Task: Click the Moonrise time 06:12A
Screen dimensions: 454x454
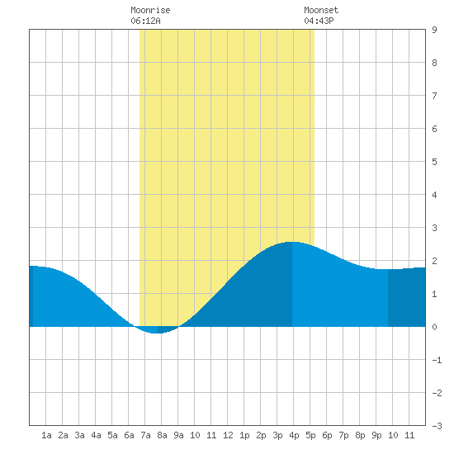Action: click(x=145, y=21)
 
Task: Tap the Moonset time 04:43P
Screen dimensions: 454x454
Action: click(x=319, y=21)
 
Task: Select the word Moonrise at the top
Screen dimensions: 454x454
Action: click(x=150, y=10)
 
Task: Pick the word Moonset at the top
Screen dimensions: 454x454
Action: click(x=321, y=10)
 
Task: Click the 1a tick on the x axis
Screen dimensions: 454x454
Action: click(x=46, y=435)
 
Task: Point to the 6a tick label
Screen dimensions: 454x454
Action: click(x=129, y=435)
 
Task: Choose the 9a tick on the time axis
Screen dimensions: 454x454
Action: click(x=178, y=435)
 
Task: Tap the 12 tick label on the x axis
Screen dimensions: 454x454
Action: click(x=228, y=435)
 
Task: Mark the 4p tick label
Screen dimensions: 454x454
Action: click(x=294, y=435)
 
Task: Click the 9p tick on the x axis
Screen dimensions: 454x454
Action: click(x=376, y=435)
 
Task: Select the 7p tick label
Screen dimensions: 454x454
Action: click(x=343, y=435)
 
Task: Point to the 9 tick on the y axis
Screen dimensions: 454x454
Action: click(x=434, y=30)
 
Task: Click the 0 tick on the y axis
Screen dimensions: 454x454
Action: click(x=434, y=327)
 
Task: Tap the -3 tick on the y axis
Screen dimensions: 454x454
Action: click(x=437, y=426)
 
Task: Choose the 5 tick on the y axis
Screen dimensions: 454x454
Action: click(x=434, y=162)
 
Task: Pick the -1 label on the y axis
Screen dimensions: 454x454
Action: click(x=437, y=360)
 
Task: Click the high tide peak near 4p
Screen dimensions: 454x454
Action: click(x=292, y=242)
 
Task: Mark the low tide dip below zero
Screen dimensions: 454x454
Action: click(x=156, y=333)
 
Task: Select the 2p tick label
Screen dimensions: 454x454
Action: click(x=261, y=435)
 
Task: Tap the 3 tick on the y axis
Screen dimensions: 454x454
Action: click(x=434, y=228)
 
